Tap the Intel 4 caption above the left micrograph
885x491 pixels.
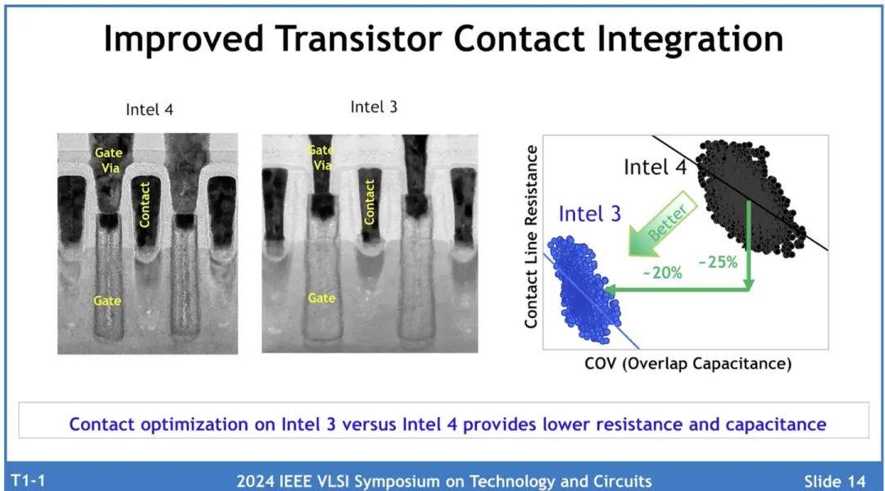pyautogui.click(x=149, y=110)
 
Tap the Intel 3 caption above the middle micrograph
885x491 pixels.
pyautogui.click(x=374, y=107)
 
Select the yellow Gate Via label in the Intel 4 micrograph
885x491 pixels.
pyautogui.click(x=109, y=159)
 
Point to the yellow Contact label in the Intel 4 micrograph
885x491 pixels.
pyautogui.click(x=145, y=204)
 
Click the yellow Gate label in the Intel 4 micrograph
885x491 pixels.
pyautogui.click(x=107, y=301)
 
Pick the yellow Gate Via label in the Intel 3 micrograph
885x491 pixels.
pyautogui.click(x=320, y=157)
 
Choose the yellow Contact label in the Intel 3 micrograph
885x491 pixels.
pyautogui.click(x=370, y=202)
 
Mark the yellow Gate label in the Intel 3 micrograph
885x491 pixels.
pyautogui.click(x=321, y=298)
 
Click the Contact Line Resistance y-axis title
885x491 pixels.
pyautogui.click(x=531, y=236)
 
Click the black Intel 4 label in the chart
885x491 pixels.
pyautogui.click(x=656, y=167)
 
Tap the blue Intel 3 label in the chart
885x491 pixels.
pyautogui.click(x=589, y=215)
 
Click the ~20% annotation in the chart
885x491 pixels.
pyautogui.click(x=660, y=273)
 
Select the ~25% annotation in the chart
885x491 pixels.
pyautogui.click(x=717, y=262)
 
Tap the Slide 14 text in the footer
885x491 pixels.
pyautogui.click(x=834, y=480)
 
